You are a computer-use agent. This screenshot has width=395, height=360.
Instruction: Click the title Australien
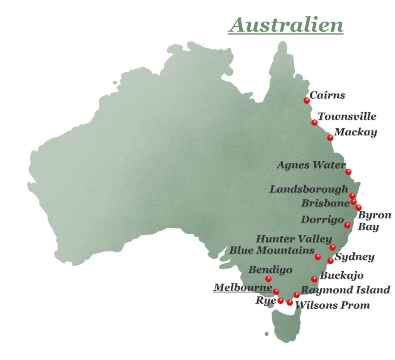point(285,25)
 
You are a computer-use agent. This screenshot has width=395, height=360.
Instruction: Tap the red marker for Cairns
point(307,100)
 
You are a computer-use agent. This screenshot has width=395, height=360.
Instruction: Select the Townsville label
point(347,116)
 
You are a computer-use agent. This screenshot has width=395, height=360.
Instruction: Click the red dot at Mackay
point(330,138)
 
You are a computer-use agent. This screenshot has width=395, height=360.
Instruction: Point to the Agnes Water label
point(311,165)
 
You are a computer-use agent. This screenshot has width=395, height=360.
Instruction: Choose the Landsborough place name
point(309,189)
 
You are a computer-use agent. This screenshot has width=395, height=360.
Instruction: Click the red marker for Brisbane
point(354,201)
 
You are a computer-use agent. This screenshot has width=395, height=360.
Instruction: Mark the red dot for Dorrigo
point(347,225)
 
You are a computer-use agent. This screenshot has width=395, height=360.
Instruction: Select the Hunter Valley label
point(294,239)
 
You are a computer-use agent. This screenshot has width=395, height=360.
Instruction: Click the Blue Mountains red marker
point(318,257)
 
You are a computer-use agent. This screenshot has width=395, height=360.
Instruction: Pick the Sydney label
point(354,257)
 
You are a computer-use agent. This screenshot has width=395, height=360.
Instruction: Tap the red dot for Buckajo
point(314,279)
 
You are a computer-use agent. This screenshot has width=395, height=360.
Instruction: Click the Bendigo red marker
point(268,279)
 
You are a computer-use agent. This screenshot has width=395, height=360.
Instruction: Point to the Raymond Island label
point(345,290)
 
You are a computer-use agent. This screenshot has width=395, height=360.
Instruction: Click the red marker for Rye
point(281,301)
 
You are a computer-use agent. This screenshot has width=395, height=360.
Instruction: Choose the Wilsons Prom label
point(333,305)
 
